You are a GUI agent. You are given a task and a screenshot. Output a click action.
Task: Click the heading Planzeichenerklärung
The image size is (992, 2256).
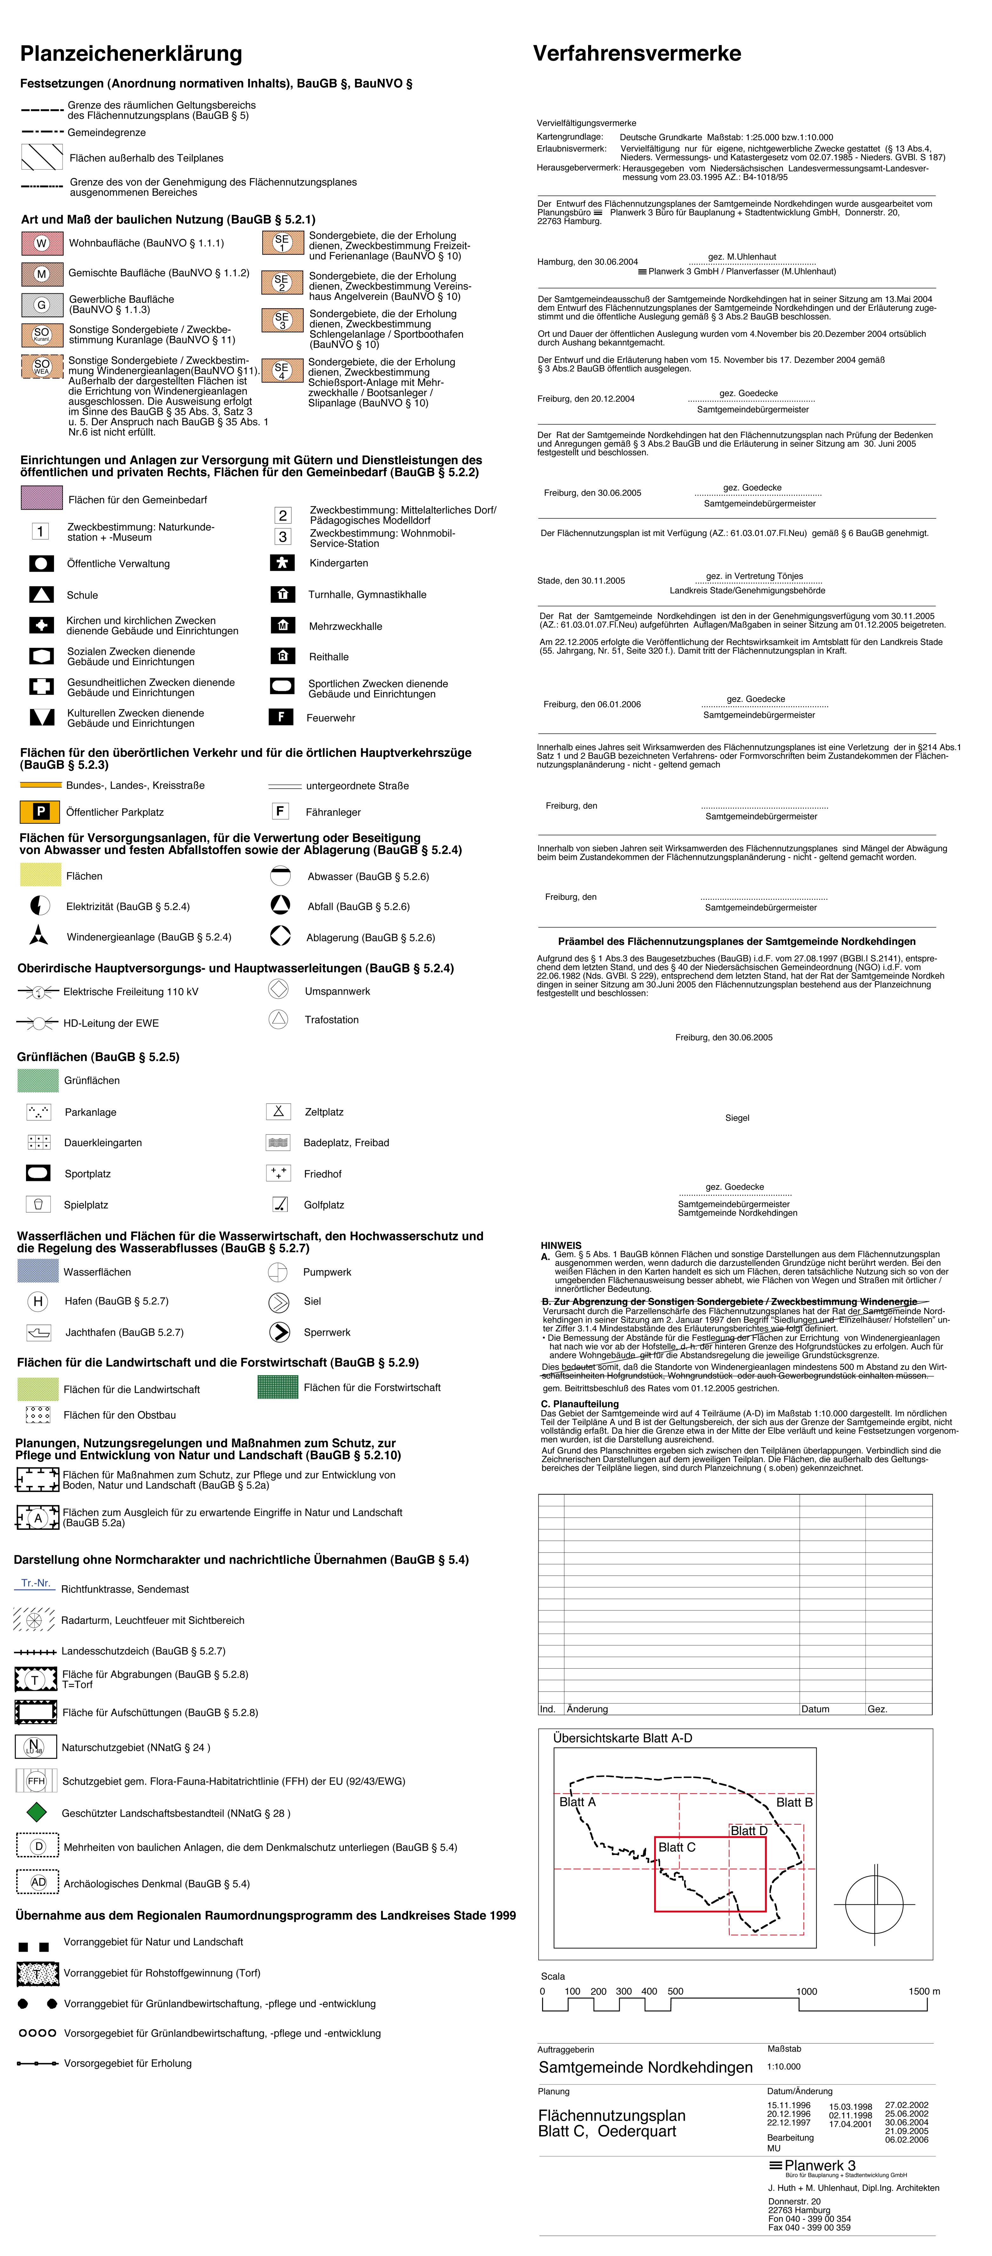click(131, 54)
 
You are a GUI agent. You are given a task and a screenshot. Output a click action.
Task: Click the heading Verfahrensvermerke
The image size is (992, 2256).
click(637, 54)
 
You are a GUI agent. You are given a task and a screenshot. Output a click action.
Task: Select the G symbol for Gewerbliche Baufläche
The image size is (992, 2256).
click(41, 305)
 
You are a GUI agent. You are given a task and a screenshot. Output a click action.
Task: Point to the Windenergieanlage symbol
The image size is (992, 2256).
click(38, 935)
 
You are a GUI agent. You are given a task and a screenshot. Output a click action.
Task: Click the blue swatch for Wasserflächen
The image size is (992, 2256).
click(38, 1271)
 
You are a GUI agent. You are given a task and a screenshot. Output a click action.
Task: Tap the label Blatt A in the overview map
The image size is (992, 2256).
click(577, 1801)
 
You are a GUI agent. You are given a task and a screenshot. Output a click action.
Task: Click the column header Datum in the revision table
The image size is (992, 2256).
click(815, 1709)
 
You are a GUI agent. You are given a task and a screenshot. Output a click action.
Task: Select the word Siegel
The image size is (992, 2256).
click(737, 1117)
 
